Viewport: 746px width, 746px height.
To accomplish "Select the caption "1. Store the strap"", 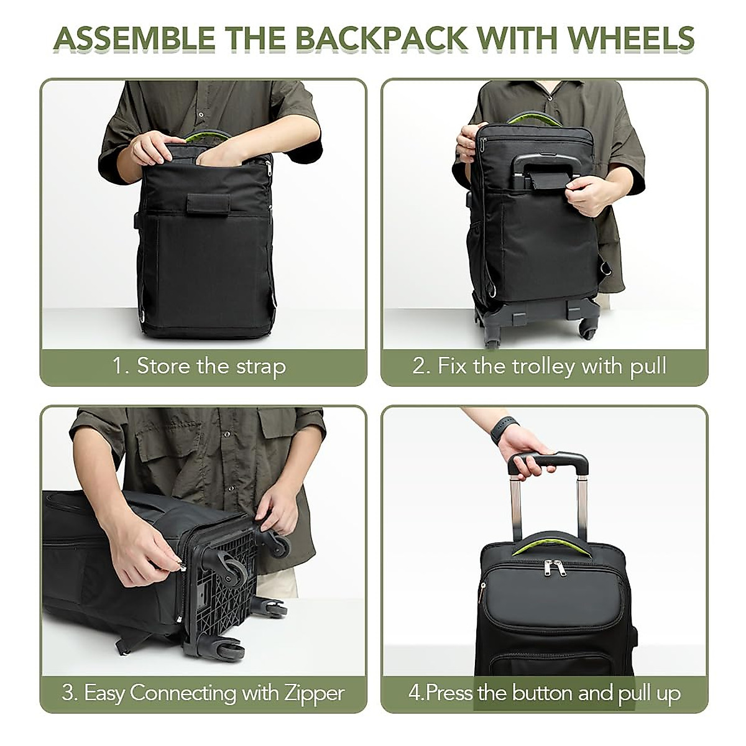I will coord(199,366).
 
